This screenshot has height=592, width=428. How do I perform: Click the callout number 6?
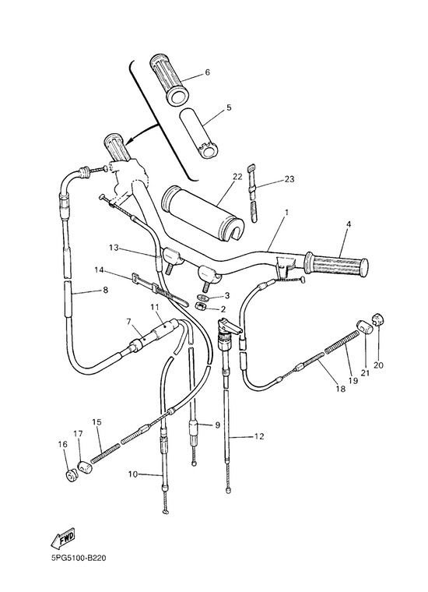pos(207,72)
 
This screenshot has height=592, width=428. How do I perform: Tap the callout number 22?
pos(237,177)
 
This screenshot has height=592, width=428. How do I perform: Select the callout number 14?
pos(99,270)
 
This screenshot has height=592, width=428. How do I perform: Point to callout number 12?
pos(259,436)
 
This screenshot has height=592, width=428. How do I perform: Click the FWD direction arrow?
pos(64,537)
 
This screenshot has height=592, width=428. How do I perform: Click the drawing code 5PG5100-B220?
pos(79,558)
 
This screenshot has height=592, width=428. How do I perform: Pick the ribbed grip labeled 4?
pos(336,263)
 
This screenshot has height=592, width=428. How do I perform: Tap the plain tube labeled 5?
pos(198,132)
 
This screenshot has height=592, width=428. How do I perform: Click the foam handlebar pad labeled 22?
pos(203,213)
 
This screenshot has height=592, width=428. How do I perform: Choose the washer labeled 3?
pos(202,296)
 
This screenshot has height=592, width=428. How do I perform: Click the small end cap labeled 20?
pos(378,319)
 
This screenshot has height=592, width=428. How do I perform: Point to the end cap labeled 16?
pos(71,475)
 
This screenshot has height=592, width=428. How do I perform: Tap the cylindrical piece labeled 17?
pos(85,467)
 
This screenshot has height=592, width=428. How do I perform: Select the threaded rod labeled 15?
pos(105,453)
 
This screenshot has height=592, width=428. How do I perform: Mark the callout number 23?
pos(289,179)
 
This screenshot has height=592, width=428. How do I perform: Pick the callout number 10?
pos(133,474)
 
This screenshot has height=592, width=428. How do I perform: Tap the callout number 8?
pos(105,290)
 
